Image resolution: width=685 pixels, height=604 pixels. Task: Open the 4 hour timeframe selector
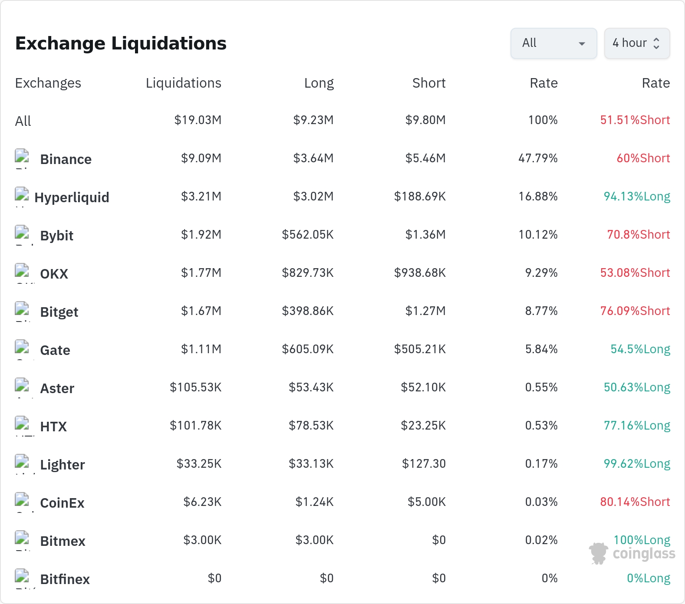point(637,43)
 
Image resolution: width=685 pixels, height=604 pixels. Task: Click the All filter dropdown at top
point(553,43)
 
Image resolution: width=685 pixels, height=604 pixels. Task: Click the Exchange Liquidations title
point(121,43)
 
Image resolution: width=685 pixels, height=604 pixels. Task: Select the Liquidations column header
point(183,83)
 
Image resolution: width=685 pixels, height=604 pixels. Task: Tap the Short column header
point(429,83)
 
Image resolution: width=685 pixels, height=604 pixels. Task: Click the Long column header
point(319,83)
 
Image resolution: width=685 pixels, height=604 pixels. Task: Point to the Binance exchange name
point(66,159)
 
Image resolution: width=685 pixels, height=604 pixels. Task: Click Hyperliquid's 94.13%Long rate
point(637,197)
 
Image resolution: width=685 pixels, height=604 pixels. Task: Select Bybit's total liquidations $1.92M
point(201,235)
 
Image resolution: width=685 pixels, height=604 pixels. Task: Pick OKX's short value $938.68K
point(420,273)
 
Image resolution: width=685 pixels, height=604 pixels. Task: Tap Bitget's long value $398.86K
point(308,311)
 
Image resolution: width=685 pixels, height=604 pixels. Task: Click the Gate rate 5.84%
point(541,349)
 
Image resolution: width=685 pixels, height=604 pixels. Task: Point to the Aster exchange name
point(57,388)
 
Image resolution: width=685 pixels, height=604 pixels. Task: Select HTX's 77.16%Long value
point(637,426)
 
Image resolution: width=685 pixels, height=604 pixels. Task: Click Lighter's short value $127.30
point(424,464)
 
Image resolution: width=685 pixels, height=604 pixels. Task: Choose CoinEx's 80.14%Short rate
point(635,502)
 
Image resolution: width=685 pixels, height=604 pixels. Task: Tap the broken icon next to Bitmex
point(22,538)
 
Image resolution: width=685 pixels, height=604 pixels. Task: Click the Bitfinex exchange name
point(65,579)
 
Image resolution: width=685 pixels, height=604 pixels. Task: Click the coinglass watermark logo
point(632,554)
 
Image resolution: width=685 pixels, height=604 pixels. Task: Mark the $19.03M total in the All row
point(198,120)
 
